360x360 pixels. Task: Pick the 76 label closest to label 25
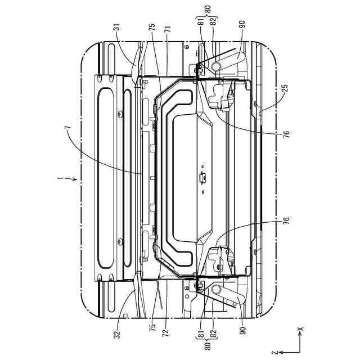point(286,133)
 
